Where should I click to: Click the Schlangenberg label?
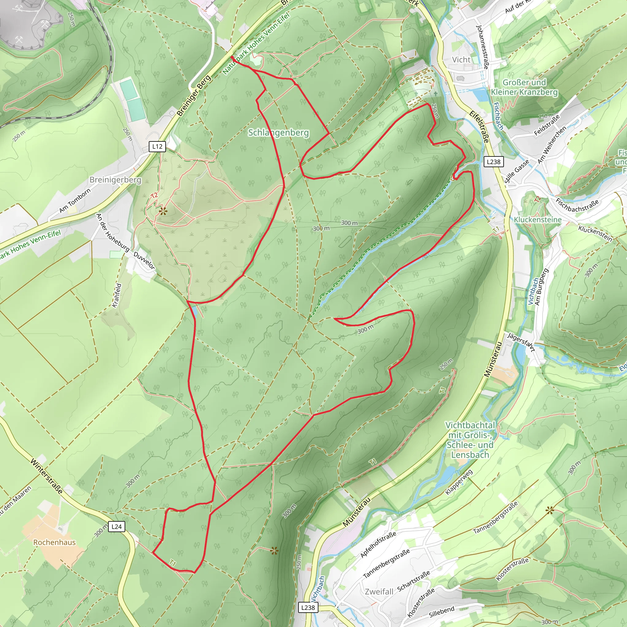[x=279, y=133]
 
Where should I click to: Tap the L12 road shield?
[x=157, y=146]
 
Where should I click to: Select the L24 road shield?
[x=117, y=526]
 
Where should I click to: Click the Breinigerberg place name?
[x=115, y=180]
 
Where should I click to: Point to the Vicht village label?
[x=461, y=60]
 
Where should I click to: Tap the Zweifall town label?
[x=379, y=591]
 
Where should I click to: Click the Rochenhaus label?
[x=54, y=542]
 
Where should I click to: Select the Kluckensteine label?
[x=537, y=220]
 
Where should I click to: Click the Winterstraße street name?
[x=47, y=476]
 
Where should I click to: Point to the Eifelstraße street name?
[x=479, y=127]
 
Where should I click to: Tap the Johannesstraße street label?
[x=482, y=47]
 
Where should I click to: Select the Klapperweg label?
[x=459, y=482]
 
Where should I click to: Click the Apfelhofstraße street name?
[x=378, y=545]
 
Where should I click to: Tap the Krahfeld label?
[x=117, y=295]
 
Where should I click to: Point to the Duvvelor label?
[x=145, y=260]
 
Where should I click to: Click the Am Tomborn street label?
[x=75, y=201]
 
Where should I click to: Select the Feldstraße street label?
[x=547, y=125]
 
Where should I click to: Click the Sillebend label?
[x=441, y=612]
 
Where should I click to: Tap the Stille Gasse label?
[x=517, y=171]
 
